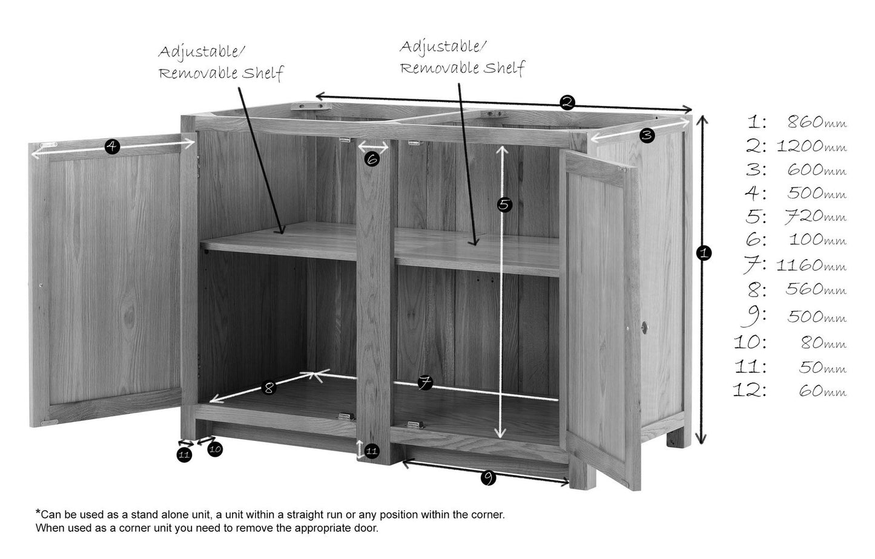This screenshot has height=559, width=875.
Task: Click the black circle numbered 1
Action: click(x=704, y=253)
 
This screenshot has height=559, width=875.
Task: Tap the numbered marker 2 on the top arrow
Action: click(x=567, y=102)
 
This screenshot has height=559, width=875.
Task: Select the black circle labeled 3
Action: click(x=647, y=136)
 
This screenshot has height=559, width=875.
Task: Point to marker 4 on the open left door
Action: click(x=112, y=146)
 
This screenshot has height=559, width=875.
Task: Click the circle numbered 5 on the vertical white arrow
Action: click(x=504, y=204)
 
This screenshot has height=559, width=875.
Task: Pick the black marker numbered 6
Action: click(x=372, y=159)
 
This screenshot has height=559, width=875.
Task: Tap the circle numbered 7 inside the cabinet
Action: click(x=425, y=382)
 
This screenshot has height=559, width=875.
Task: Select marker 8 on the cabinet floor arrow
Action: click(x=269, y=388)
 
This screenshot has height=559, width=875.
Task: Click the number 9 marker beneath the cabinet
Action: click(x=488, y=477)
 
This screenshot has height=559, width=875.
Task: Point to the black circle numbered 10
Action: click(x=215, y=449)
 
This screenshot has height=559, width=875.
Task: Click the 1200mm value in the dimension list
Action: click(x=811, y=146)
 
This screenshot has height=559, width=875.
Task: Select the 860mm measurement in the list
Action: click(x=817, y=122)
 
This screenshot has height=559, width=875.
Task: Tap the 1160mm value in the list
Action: click(x=811, y=266)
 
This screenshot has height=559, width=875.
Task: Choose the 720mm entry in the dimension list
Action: click(x=816, y=216)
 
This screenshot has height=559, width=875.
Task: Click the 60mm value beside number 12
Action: click(x=823, y=391)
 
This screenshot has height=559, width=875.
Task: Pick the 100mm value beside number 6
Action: click(x=817, y=240)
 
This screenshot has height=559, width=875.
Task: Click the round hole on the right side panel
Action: click(x=644, y=327)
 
